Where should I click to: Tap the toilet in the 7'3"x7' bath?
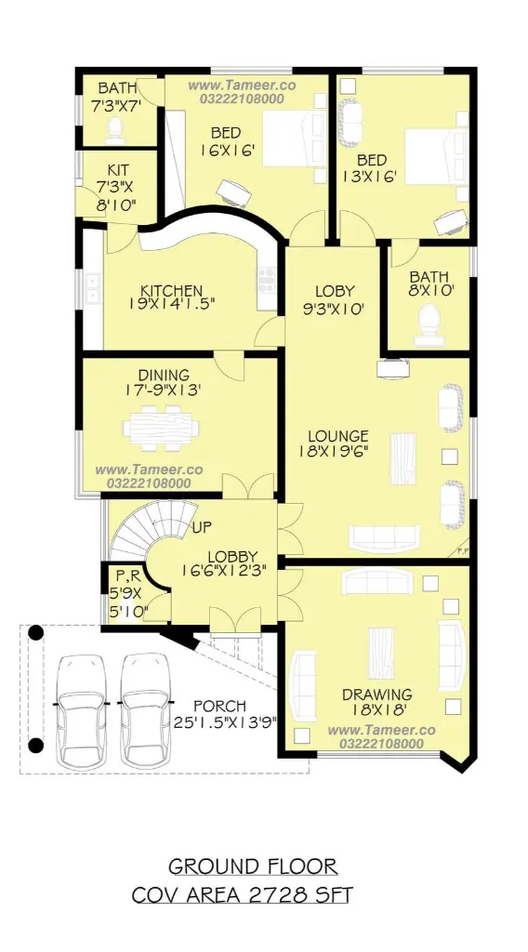(114, 129)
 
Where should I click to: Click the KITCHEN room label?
(172, 290)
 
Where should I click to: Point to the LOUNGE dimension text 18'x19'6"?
(333, 451)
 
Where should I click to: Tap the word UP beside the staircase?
(202, 526)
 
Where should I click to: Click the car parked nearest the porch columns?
(81, 709)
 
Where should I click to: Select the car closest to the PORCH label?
(144, 709)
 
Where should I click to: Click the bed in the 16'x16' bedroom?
(295, 139)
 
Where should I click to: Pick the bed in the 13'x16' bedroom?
(436, 156)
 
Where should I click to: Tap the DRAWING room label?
(376, 694)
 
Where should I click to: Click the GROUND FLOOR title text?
(253, 866)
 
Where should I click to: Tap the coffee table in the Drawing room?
(380, 654)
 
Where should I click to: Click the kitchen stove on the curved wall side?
(267, 279)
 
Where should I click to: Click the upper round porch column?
(36, 632)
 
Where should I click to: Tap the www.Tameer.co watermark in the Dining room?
(150, 469)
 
